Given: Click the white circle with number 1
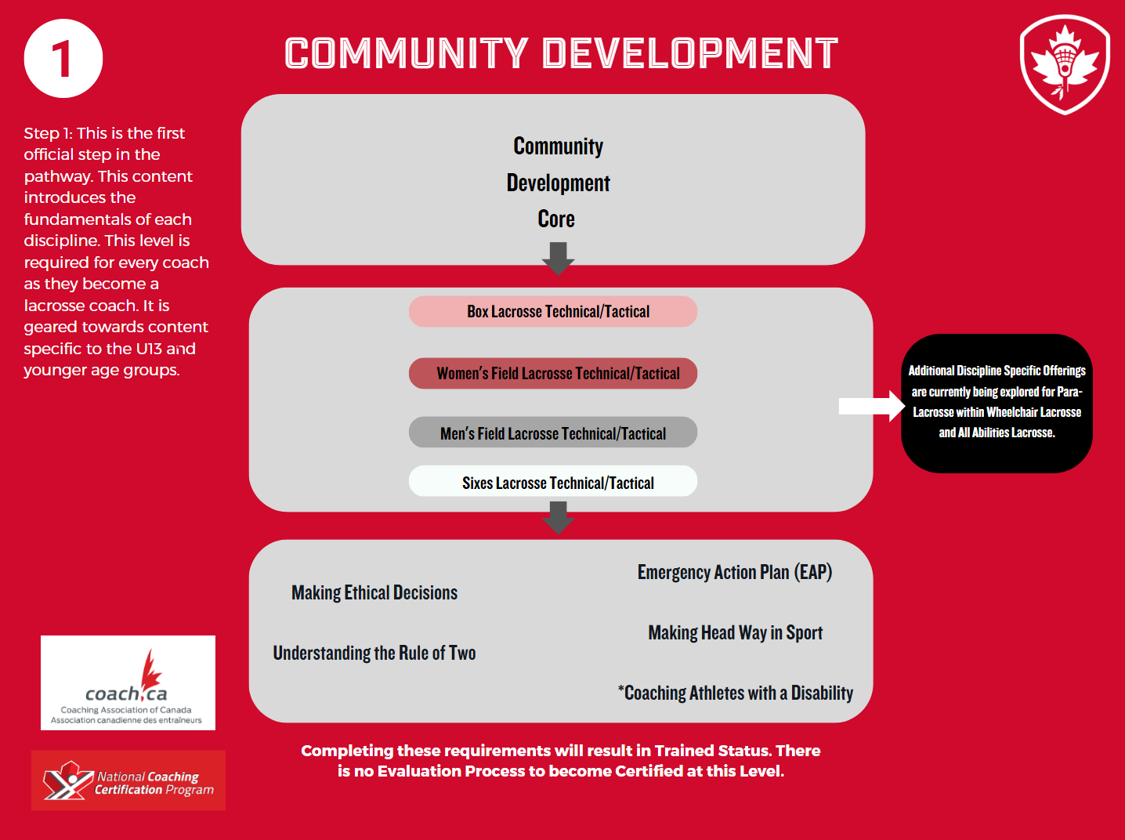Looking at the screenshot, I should click(x=63, y=59).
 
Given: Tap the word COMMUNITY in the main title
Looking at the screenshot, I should click(x=406, y=54).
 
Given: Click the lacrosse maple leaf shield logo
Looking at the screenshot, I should click(x=1065, y=65).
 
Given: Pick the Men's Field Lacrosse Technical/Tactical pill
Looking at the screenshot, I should click(x=553, y=433).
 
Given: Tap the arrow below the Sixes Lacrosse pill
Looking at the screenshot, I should click(x=558, y=517).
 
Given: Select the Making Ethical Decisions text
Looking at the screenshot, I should click(x=374, y=593).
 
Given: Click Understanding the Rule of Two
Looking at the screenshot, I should click(x=374, y=654).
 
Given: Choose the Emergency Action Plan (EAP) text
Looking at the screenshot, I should click(x=735, y=573).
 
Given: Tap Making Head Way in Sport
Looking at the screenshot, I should click(x=735, y=633).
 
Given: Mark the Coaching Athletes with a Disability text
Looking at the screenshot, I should click(x=736, y=693).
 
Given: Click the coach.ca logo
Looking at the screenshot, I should click(x=128, y=682).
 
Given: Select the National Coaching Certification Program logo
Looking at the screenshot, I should click(x=128, y=780).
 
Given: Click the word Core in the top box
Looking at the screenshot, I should click(x=556, y=219).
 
